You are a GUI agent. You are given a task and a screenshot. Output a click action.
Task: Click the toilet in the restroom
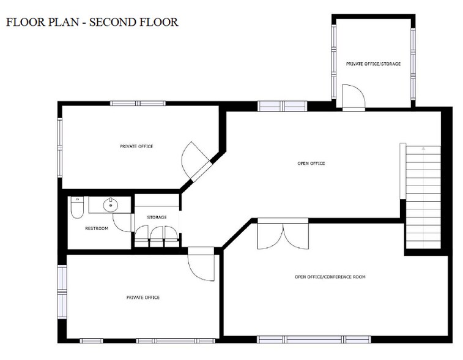point(77,207)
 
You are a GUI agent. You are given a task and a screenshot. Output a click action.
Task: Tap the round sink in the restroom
point(111,205)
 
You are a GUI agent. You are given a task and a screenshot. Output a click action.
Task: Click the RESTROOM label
point(97,228)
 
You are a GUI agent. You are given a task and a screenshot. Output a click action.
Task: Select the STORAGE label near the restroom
point(157,217)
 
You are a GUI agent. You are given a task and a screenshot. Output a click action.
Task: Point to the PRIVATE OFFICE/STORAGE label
point(373,64)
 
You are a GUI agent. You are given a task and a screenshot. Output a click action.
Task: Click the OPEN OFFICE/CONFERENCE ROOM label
point(330,277)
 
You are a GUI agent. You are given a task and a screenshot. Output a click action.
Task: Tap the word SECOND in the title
point(112,22)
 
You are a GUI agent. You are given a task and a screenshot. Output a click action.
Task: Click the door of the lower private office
point(201,264)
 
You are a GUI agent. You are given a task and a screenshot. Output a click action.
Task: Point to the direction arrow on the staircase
point(423,149)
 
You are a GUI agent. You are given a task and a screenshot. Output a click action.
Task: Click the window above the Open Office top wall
point(283,106)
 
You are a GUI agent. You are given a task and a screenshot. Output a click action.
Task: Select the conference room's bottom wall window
point(314,340)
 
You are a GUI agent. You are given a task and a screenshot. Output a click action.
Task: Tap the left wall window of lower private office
point(62,292)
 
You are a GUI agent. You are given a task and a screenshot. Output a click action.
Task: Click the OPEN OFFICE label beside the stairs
point(311,163)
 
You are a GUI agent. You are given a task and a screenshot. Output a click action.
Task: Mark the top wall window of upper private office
point(138,103)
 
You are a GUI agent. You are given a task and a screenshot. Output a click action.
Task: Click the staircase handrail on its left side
point(403,171)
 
